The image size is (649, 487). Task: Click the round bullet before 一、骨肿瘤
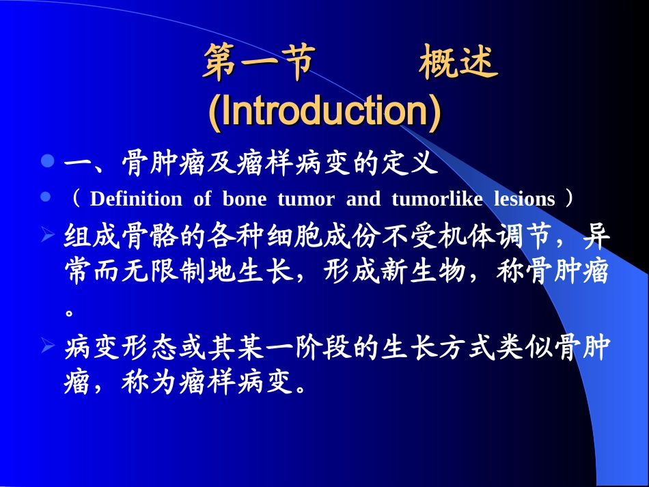(46, 162)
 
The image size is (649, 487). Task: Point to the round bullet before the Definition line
(46, 197)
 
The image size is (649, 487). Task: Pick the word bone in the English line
(243, 199)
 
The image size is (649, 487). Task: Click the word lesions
(525, 199)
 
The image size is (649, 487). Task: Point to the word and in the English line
(363, 199)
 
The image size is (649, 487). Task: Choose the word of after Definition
(202, 199)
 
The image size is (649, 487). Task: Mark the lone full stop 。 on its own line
(69, 313)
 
